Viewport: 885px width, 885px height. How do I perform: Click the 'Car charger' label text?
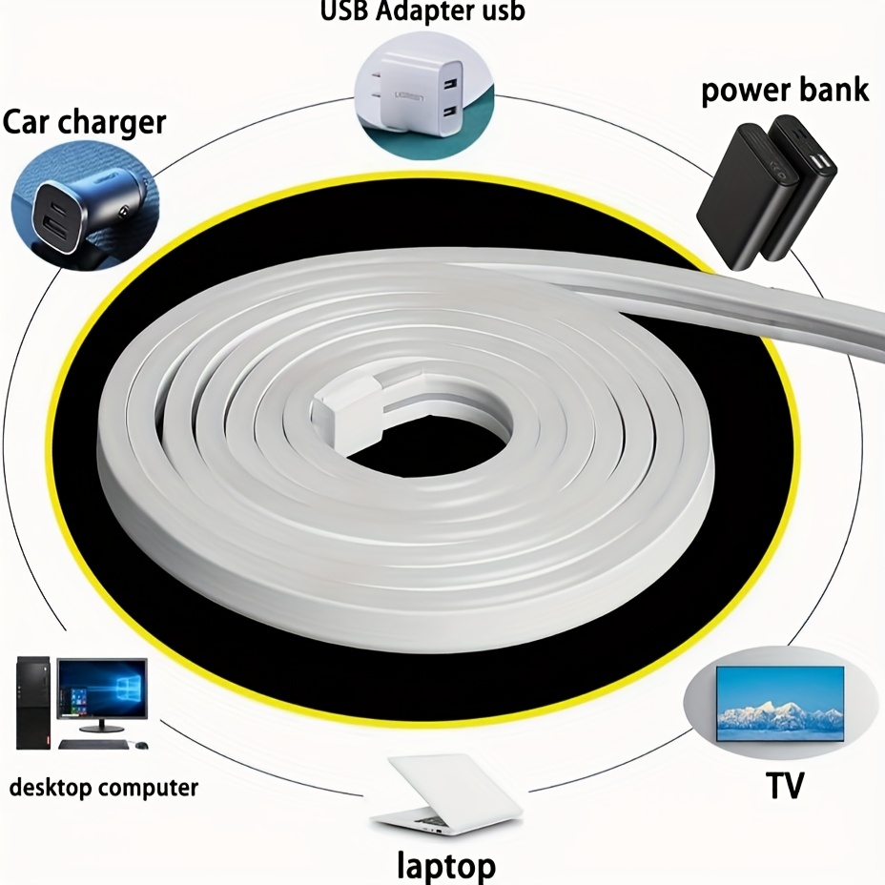pyautogui.click(x=85, y=123)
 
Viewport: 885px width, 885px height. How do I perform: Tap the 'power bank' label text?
pyautogui.click(x=785, y=90)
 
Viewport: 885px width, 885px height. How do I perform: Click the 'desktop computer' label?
pyautogui.click(x=104, y=788)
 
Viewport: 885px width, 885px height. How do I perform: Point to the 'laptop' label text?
pyautogui.click(x=446, y=865)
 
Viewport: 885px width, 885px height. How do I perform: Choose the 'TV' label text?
pyautogui.click(x=785, y=786)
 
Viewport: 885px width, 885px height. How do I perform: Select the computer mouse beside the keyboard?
pyautogui.click(x=141, y=745)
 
